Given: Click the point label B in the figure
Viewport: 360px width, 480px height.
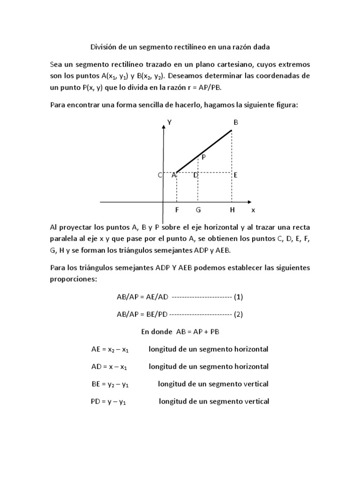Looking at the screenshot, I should coord(236,122).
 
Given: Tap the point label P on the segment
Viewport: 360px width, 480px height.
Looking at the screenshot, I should coord(204,157).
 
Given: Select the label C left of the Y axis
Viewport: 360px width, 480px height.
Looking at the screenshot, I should coord(160,175).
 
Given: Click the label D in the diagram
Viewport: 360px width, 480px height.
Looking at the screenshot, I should coord(195,175).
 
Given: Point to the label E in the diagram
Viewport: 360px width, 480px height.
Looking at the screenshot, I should coord(235,175).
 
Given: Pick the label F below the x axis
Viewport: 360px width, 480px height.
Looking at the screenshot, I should coord(176,210).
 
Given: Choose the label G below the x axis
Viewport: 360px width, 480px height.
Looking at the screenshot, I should coord(198,210).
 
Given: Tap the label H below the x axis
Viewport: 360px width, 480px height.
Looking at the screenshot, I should coord(232,210).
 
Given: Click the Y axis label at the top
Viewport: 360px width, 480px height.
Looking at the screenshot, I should coord(169,122).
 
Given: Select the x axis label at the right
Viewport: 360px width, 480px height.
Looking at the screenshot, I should coord(253,210).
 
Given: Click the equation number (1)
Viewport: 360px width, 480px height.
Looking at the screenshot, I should coord(239,297).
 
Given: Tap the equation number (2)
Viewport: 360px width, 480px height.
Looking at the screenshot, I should coord(239,315).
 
